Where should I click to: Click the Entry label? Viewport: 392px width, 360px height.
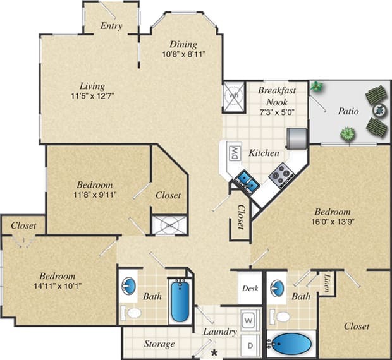coord(111,27)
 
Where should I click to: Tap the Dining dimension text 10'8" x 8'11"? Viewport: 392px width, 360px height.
coord(183,55)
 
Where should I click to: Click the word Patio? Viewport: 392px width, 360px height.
coord(348,111)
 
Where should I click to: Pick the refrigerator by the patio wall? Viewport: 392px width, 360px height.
coord(296,136)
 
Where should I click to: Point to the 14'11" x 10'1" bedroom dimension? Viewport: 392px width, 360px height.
coord(58,286)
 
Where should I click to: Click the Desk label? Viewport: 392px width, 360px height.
coord(249,288)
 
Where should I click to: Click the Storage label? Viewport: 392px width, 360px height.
coord(159,344)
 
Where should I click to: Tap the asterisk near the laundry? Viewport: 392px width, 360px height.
coord(214,352)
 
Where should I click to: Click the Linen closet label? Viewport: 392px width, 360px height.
coord(326,281)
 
